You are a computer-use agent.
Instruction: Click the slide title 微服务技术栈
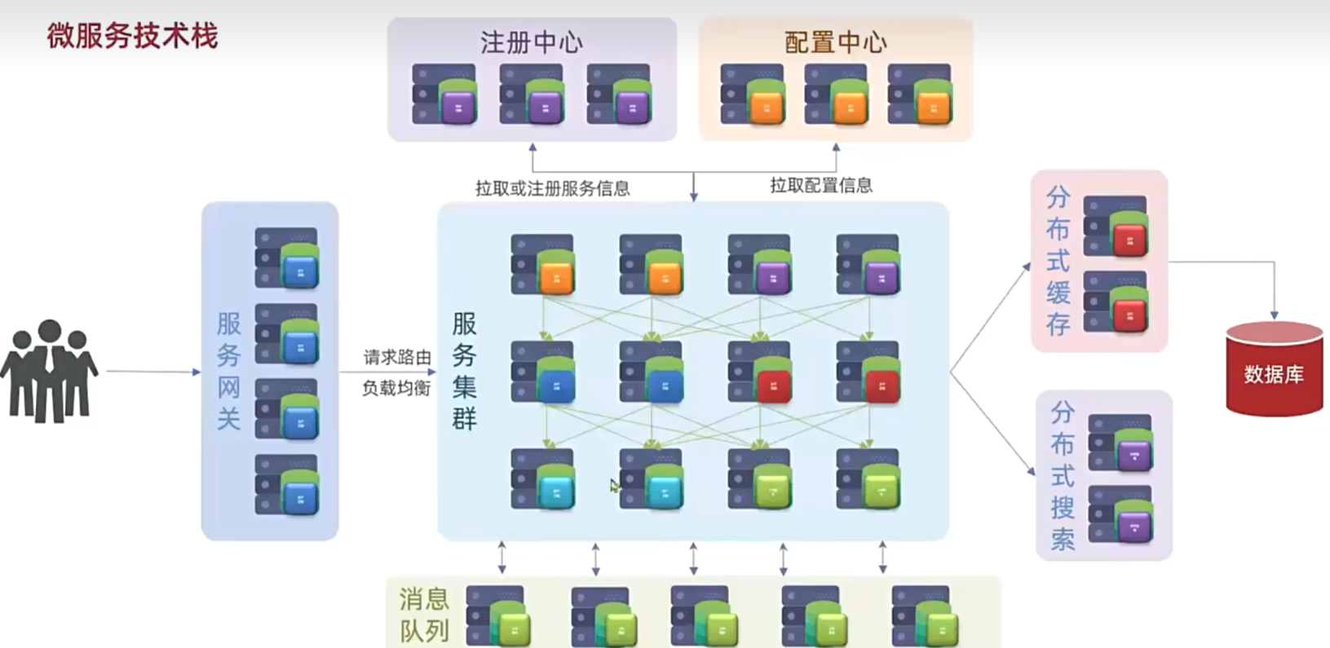[x=133, y=37]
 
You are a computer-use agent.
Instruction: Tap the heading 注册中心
[x=531, y=42]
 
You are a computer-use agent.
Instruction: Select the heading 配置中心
[x=835, y=42]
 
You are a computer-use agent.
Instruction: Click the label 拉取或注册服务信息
[x=552, y=188]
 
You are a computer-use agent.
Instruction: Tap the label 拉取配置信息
[x=820, y=186]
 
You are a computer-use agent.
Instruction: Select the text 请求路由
[x=396, y=357]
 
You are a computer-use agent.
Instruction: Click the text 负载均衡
[x=396, y=388]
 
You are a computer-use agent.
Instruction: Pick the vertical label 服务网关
[x=228, y=371]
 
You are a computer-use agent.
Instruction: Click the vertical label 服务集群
[x=464, y=371]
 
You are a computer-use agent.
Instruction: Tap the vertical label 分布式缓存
[x=1058, y=261]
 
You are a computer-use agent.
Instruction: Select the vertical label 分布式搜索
[x=1062, y=476]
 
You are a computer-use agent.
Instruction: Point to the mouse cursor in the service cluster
[x=614, y=486]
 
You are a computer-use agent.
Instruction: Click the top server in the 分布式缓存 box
[x=1116, y=226]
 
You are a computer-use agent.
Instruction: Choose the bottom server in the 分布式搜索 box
[x=1121, y=514]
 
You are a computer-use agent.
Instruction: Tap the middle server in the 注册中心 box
[x=532, y=95]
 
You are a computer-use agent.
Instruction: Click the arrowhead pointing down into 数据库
[x=1274, y=315]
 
